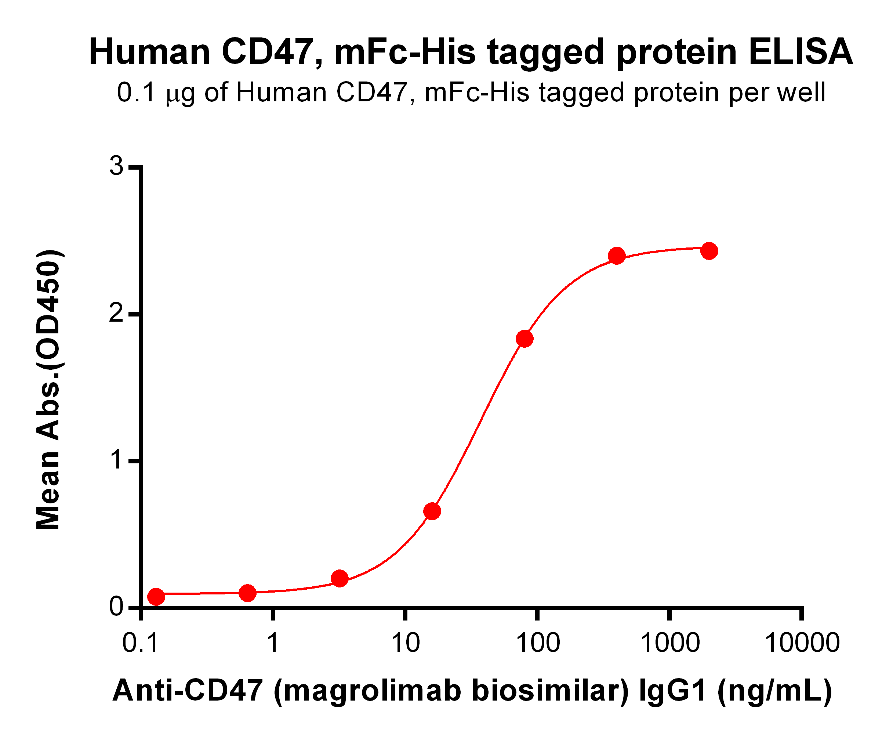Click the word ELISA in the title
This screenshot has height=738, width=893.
(801, 52)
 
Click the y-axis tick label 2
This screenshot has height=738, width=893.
(116, 313)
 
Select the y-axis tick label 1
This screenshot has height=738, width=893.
(116, 460)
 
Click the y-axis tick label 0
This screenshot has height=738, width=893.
(116, 607)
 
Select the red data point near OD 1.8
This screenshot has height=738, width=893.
(524, 339)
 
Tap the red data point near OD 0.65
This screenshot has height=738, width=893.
(432, 511)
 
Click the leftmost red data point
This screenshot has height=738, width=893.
(156, 596)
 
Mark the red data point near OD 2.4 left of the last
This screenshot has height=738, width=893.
(617, 256)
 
